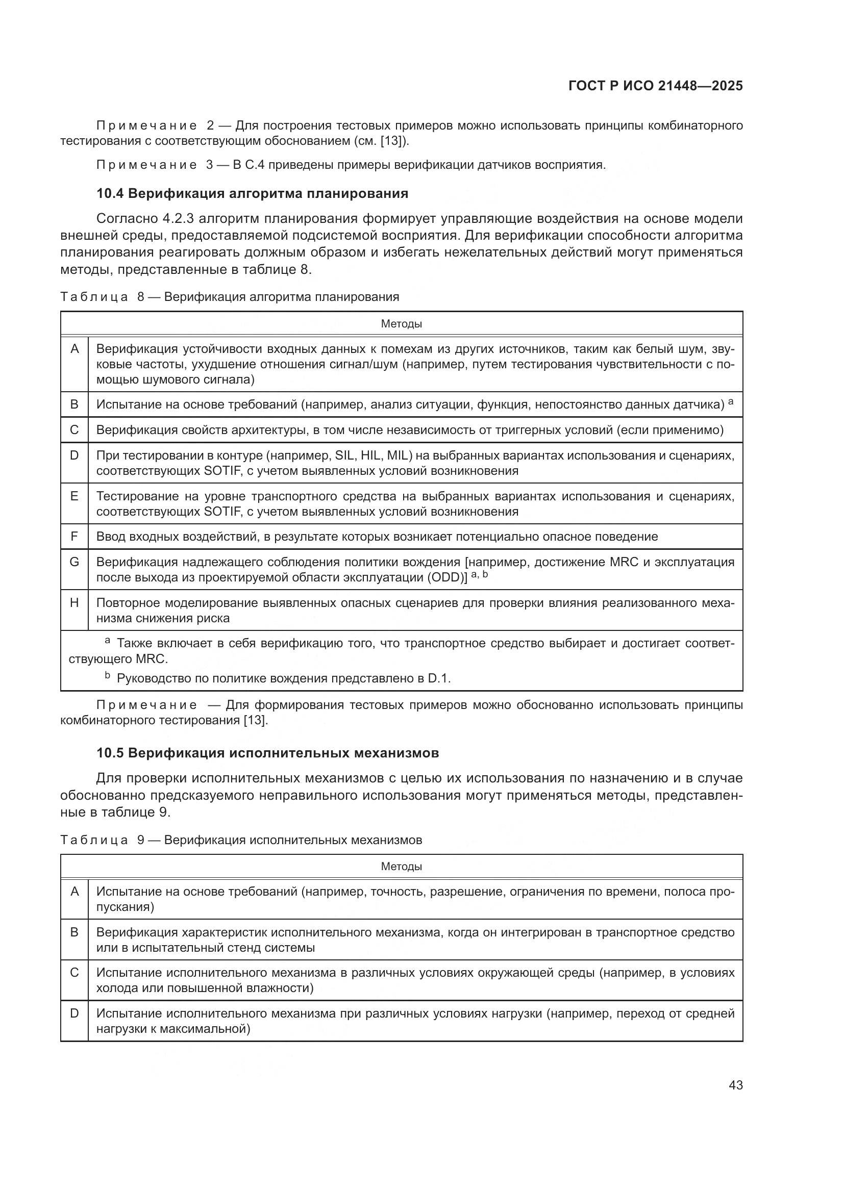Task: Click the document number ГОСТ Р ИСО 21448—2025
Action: click(x=655, y=86)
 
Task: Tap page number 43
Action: click(x=735, y=1085)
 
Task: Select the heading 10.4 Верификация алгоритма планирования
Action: click(x=252, y=194)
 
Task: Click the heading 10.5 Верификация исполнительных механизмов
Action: click(x=268, y=753)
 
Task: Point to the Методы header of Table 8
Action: click(x=401, y=324)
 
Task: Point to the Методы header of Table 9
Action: click(x=401, y=866)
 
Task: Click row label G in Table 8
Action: click(x=75, y=562)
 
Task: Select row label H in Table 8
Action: click(x=75, y=603)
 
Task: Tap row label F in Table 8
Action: click(x=75, y=536)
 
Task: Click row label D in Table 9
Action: click(x=75, y=1013)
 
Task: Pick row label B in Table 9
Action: click(x=75, y=932)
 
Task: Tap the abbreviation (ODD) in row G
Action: click(x=445, y=578)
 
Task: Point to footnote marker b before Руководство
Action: click(x=108, y=676)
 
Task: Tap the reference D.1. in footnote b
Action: click(x=439, y=678)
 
